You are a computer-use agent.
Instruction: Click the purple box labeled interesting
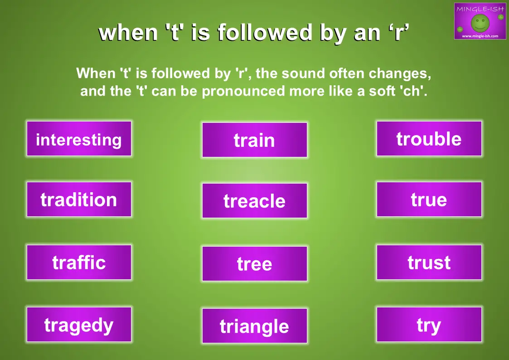[x=79, y=139]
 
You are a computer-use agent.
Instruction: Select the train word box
[x=255, y=140]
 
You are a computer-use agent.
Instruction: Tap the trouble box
[x=429, y=139]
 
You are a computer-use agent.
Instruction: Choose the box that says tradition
[x=79, y=199]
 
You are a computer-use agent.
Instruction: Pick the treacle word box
[x=255, y=200]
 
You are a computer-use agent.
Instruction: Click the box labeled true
[x=429, y=199]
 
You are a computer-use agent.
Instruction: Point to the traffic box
[x=79, y=262]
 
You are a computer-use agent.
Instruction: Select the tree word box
[x=255, y=263]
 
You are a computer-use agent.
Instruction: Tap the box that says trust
[x=429, y=262]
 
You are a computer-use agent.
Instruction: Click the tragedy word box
[x=79, y=325]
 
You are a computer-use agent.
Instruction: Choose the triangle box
[x=255, y=326]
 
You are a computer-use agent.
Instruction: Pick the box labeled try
[x=429, y=325]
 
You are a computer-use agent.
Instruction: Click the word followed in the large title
[x=265, y=33]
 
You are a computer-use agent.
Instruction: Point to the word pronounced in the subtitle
[x=243, y=91]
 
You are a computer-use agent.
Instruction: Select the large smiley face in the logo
[x=480, y=23]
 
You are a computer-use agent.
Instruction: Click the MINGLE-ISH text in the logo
[x=480, y=9]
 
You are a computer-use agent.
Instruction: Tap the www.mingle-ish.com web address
[x=480, y=36]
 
